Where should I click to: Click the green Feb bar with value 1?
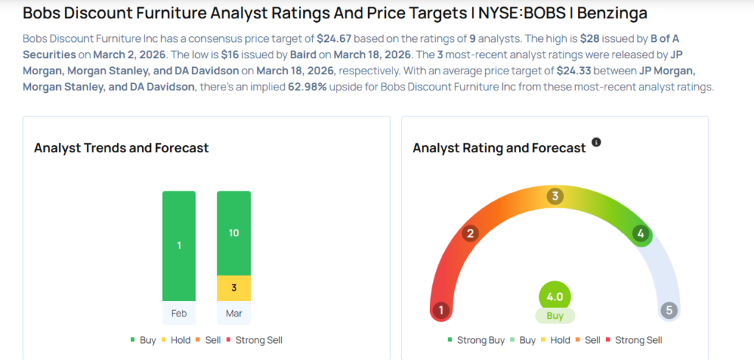(x=179, y=246)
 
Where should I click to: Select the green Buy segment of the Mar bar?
(x=233, y=233)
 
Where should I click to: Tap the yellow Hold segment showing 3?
(x=233, y=288)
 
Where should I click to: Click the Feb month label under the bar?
(x=179, y=313)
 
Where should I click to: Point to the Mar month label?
(x=233, y=313)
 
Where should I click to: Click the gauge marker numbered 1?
(x=441, y=310)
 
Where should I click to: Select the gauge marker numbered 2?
(x=470, y=234)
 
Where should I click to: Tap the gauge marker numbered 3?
(x=555, y=196)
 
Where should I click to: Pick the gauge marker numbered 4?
(x=641, y=234)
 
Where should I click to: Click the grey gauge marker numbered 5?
(x=669, y=310)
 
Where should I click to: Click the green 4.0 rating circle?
(x=555, y=297)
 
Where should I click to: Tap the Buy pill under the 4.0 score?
(x=555, y=316)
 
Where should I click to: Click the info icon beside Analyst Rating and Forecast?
(x=596, y=141)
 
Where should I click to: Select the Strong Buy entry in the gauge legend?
(x=476, y=340)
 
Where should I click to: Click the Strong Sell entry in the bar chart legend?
(x=253, y=340)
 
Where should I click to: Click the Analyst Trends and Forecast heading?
(x=121, y=148)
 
